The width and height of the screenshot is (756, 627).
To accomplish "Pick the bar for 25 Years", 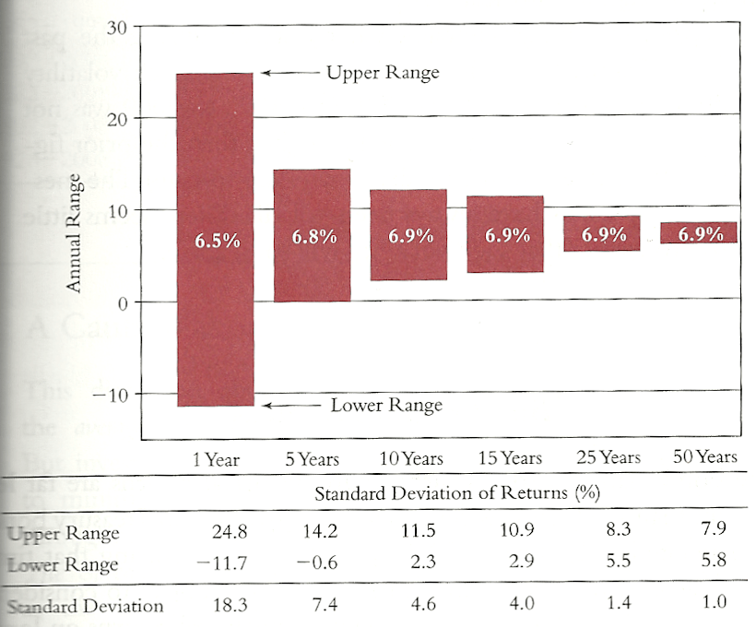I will pos(601,233).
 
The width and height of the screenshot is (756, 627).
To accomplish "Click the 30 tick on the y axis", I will pos(116,27).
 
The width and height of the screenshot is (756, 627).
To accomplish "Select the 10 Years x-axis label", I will pos(410,458).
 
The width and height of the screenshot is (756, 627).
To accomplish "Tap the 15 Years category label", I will pos(510,458).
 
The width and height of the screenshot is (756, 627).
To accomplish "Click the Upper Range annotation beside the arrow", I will pos(383,73).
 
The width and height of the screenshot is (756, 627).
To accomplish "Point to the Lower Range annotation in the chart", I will pos(386,405).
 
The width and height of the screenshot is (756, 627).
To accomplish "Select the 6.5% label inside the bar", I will pos(217,242).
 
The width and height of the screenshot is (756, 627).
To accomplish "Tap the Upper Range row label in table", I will pos(63,534).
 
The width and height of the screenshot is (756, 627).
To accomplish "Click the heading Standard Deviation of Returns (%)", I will pos(457,492).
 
